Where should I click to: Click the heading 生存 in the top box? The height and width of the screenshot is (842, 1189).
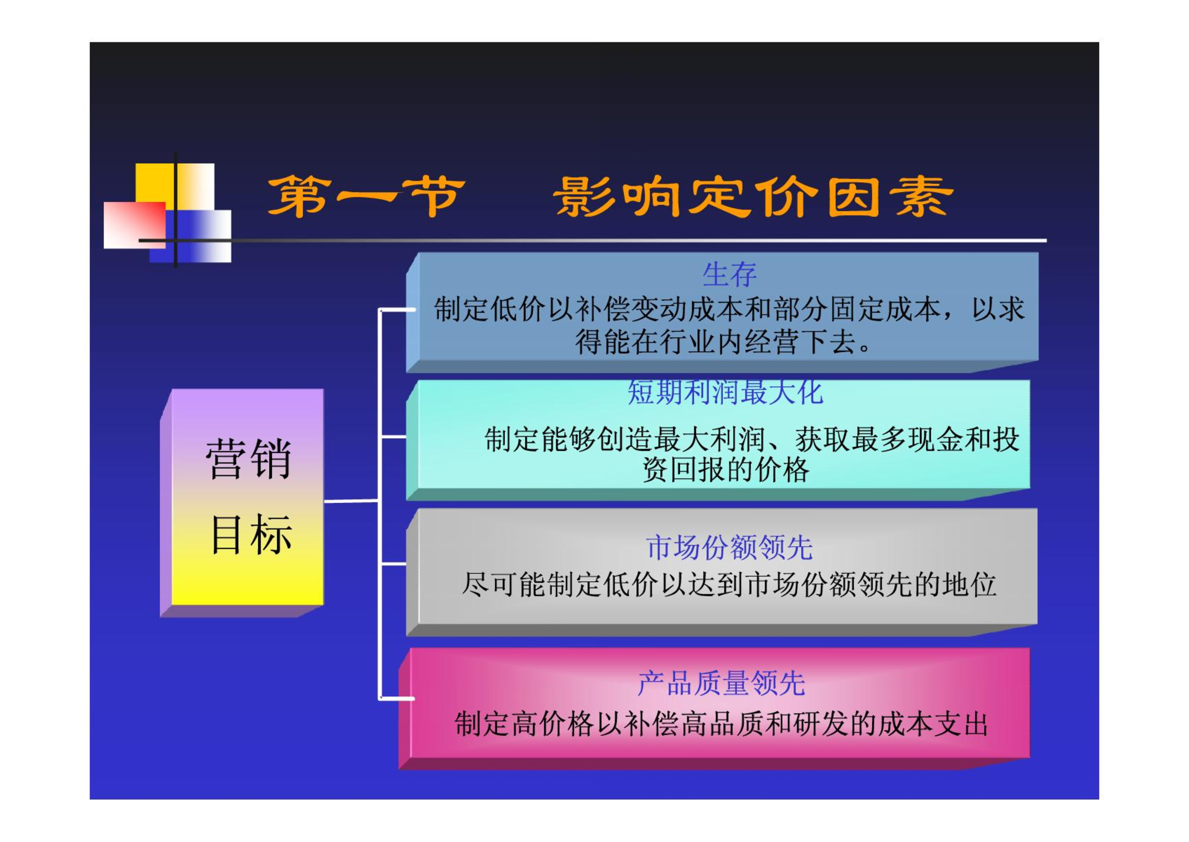729,275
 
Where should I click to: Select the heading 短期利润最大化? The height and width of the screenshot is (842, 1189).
725,392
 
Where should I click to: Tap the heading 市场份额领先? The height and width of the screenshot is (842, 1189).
729,547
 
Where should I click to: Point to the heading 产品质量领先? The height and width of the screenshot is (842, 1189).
721,684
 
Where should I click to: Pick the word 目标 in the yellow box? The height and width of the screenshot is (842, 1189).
251,534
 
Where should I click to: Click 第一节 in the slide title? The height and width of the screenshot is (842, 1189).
366,197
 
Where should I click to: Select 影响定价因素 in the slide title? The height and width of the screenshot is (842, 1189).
753,197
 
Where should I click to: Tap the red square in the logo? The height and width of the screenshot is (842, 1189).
135,225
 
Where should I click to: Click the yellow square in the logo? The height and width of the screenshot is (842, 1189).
175,186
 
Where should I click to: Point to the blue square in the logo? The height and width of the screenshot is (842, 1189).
190,236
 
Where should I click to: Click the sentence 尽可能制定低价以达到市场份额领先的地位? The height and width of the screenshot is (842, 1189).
729,585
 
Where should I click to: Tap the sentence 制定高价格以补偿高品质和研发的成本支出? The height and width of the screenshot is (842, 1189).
721,724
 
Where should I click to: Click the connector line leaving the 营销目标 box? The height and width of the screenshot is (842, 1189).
351,501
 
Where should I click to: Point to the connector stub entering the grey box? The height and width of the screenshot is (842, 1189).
393,564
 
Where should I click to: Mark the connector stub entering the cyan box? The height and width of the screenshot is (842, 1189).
393,437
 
